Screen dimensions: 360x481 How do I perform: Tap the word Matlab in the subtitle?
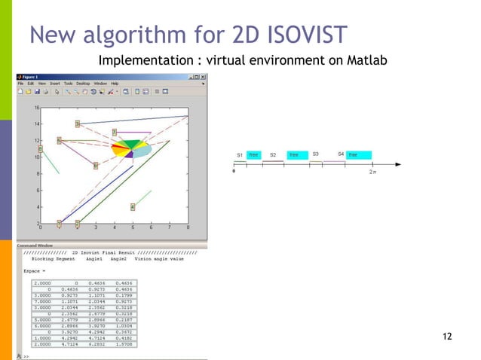pos(366,60)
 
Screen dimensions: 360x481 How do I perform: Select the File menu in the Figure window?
pos(22,83)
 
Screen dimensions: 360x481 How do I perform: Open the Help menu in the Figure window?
pos(115,83)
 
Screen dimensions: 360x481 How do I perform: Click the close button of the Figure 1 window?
pos(203,76)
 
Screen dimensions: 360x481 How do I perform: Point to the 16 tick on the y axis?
pos(35,107)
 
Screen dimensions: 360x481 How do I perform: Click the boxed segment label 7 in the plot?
pos(114,132)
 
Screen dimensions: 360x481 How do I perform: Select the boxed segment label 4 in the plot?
pos(133,206)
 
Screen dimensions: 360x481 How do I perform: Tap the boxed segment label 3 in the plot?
pos(77,123)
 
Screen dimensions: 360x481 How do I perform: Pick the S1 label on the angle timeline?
pos(239,155)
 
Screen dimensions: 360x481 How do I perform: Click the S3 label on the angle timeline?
pos(315,154)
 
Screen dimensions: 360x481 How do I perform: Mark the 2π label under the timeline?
pos(372,171)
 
